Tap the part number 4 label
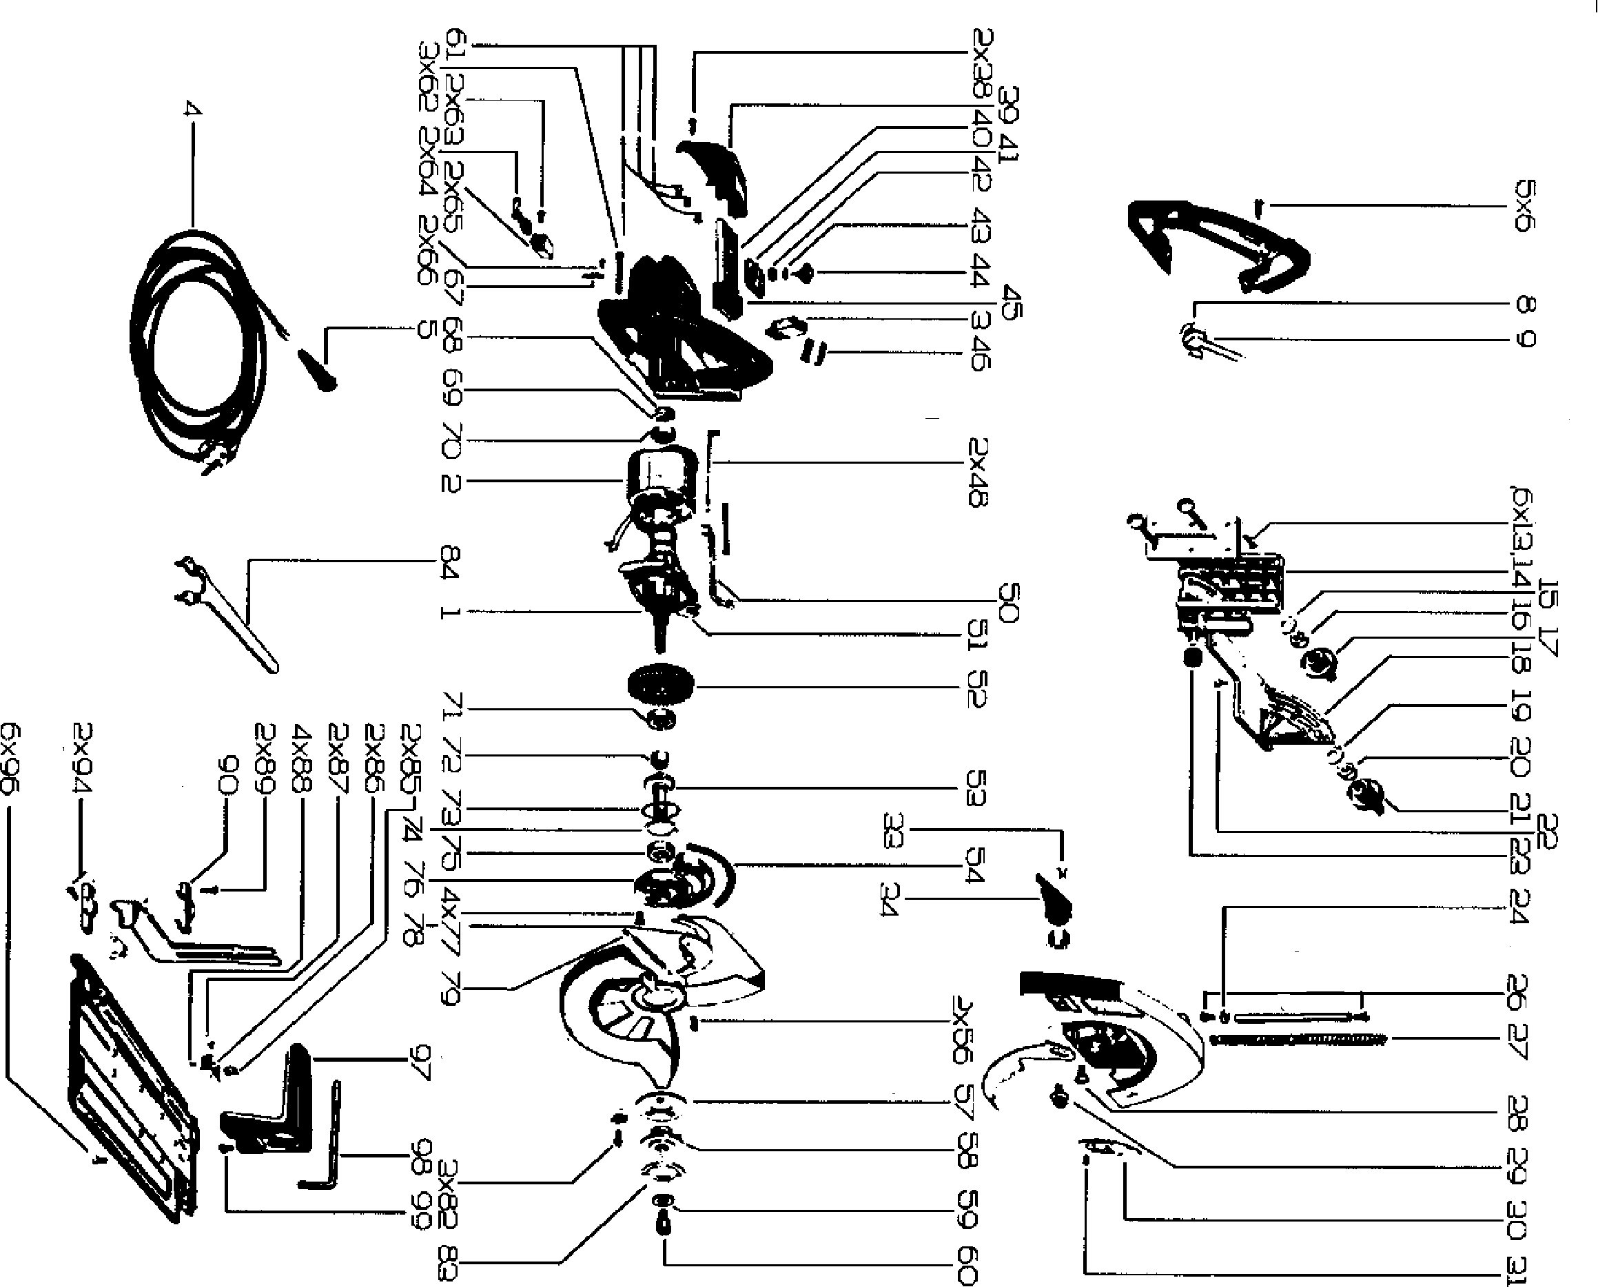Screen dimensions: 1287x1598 point(192,110)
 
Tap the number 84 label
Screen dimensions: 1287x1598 point(450,562)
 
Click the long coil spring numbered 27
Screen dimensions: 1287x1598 point(1298,1040)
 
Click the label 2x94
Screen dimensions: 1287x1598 point(81,758)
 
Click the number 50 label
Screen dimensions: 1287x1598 point(1010,602)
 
